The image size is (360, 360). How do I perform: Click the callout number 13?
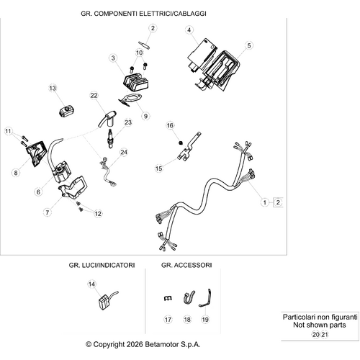point(53,88)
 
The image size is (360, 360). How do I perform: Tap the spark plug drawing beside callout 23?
point(110,139)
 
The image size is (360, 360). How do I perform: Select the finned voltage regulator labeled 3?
point(136,82)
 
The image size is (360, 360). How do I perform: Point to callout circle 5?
point(249,45)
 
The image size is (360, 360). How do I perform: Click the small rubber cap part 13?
point(66,112)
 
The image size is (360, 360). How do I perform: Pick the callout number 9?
point(145,116)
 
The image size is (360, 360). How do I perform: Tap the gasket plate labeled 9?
point(130,100)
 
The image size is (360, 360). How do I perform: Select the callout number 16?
point(170,125)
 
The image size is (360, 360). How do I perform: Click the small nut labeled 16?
point(181,143)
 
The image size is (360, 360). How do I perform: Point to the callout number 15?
point(159,168)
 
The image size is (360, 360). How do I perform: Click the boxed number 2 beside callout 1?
point(278,202)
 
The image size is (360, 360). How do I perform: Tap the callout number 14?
point(91,284)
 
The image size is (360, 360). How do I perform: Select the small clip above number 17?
point(168,298)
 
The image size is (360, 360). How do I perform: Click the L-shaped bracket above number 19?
point(205,298)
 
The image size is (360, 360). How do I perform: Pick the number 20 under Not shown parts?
point(316,334)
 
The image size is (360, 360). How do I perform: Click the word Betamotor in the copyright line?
point(162,344)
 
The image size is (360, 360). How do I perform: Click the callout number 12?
point(98,213)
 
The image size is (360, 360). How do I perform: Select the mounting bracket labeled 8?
point(37,153)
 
